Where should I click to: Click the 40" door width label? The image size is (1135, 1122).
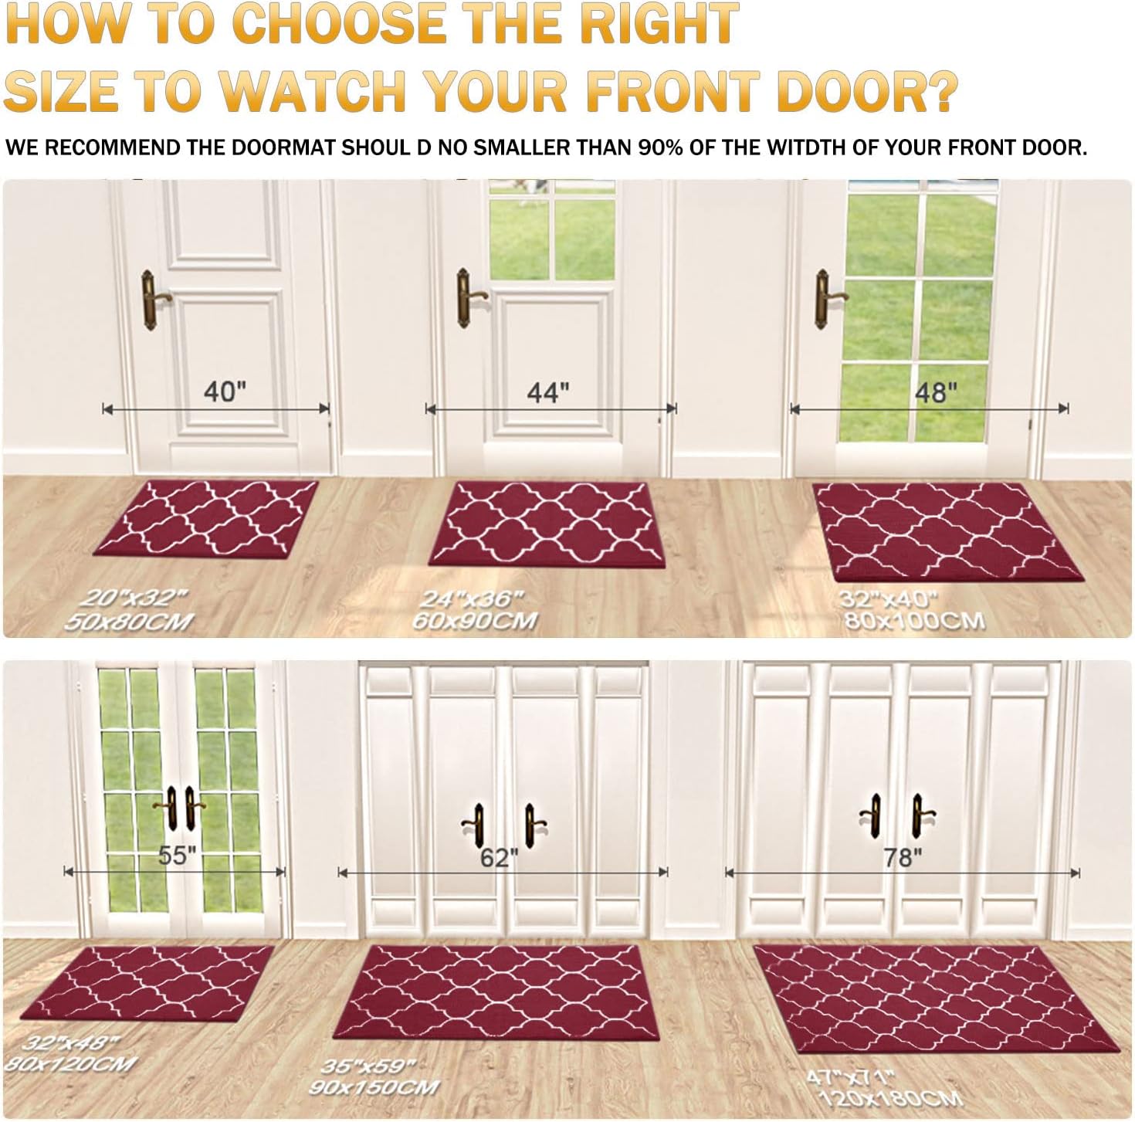pos(225,392)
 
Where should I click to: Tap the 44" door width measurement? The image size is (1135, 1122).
pos(548,392)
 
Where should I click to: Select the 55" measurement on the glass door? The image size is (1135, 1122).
pos(178,856)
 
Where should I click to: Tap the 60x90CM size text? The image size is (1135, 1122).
pos(474,620)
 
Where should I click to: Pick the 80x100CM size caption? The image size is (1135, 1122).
pos(914,620)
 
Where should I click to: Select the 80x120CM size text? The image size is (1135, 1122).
pos(69,1063)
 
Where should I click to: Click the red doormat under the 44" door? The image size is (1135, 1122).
pos(547,523)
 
